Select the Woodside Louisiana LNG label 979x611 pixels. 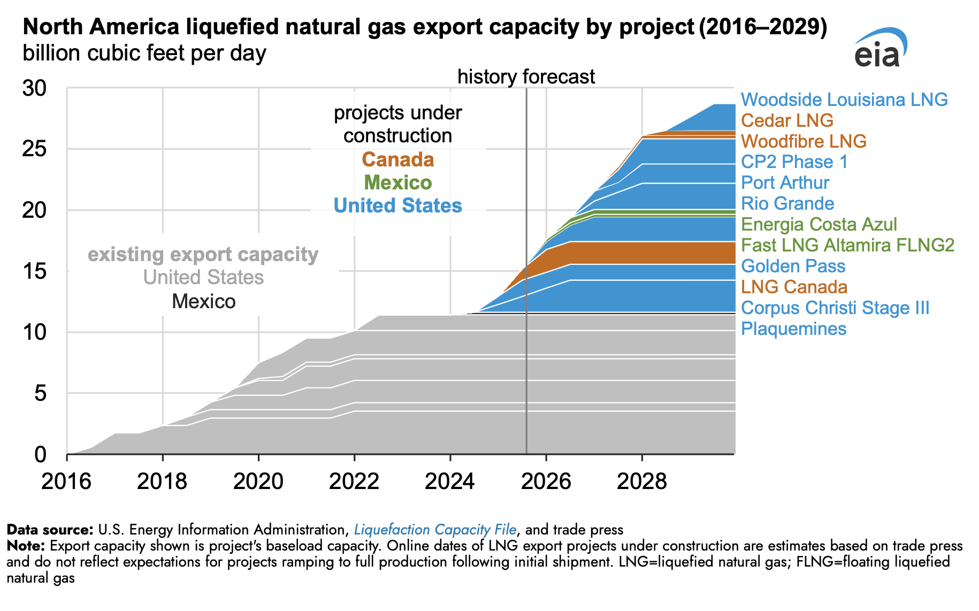pos(844,100)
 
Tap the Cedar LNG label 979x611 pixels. pos(787,120)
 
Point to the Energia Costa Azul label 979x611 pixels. pos(819,224)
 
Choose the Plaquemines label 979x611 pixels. pos(793,329)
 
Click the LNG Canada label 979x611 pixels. pos(794,287)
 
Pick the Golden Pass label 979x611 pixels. pos(793,266)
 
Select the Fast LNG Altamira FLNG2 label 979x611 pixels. pos(847,245)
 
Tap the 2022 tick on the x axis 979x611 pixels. pos(354,481)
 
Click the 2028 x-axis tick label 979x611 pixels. pos(641,481)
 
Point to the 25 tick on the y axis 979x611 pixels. pos(35,149)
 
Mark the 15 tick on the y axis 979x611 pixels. pos(35,271)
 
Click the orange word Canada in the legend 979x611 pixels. pos(397,159)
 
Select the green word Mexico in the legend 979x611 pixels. pos(397,182)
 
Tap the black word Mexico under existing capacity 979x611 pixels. pos(203,302)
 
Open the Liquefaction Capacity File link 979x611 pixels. pos(435,530)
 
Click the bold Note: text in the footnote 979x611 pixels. pos(25,546)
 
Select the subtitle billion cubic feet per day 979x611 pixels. pos(144,54)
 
